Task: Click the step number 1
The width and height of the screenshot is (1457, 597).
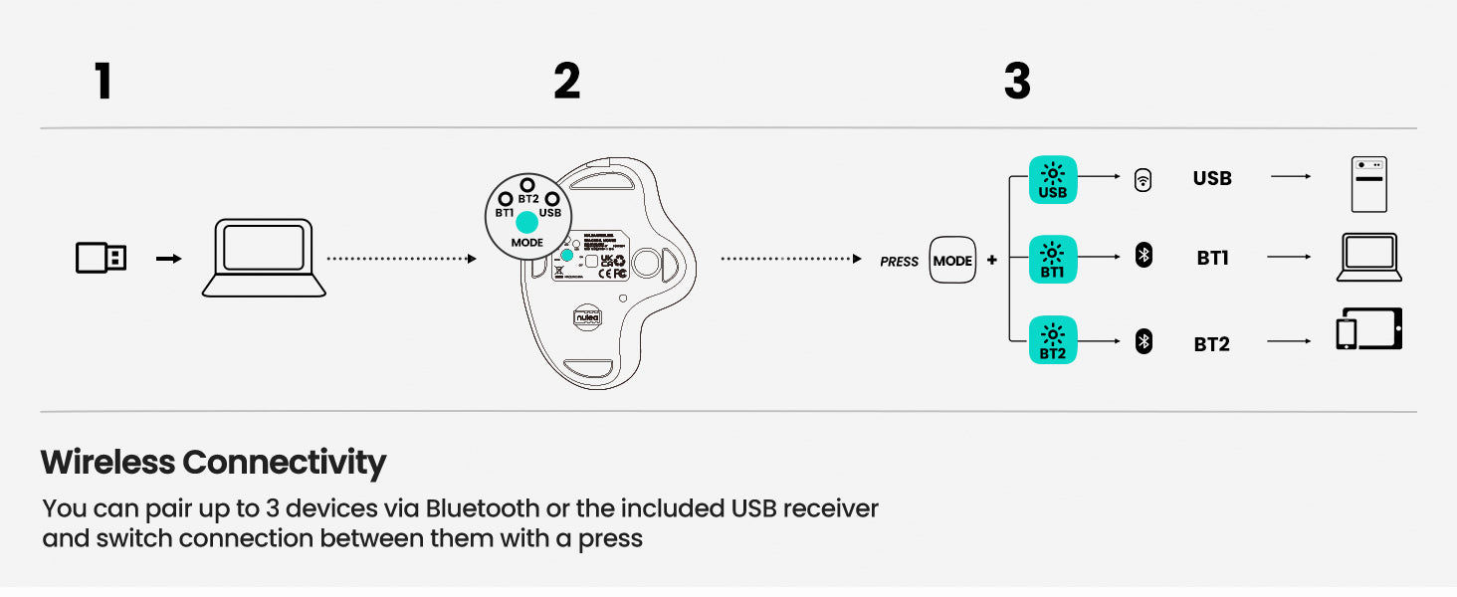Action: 103,82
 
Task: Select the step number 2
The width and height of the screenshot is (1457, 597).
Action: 566,82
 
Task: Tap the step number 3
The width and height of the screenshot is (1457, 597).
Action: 1017,82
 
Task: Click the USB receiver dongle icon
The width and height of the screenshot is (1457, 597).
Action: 102,259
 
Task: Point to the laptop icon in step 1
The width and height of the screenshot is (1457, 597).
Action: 264,259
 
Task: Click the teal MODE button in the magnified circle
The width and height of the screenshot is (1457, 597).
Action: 527,223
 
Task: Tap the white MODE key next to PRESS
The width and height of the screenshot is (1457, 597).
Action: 952,261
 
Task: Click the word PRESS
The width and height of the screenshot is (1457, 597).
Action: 899,262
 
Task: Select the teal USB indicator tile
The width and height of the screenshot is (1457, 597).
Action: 1053,180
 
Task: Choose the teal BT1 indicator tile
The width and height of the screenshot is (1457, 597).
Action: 1053,259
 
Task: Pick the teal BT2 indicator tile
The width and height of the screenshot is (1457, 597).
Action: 1053,340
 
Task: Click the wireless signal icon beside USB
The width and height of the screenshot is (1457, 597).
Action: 1144,180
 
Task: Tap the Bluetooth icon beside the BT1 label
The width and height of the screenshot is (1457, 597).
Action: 1145,257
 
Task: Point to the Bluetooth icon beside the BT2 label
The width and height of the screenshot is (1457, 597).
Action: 1145,343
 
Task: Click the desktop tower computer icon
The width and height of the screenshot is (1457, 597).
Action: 1368,184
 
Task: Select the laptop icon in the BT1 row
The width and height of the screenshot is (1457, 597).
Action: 1368,258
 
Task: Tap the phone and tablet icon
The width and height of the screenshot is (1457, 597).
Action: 1368,330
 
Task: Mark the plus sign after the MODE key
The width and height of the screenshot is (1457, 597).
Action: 991,261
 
